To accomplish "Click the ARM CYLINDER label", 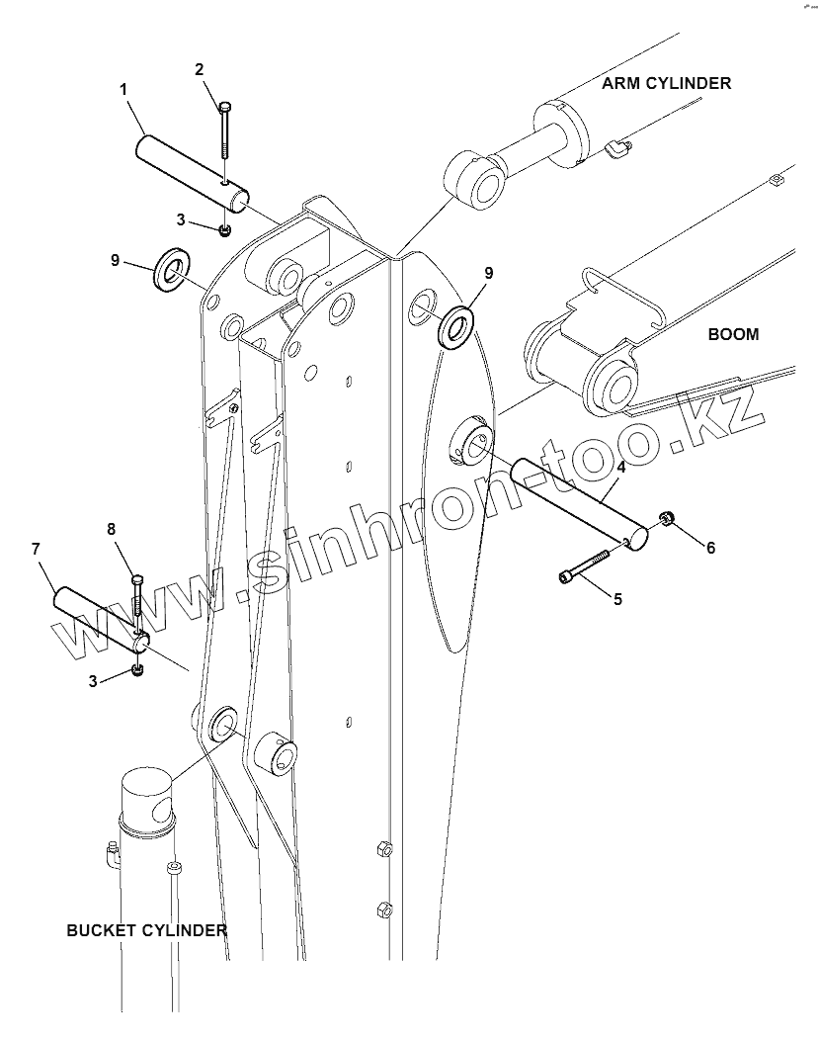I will point(667,83).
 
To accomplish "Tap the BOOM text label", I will point(733,334).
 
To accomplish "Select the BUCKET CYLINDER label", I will point(146,930).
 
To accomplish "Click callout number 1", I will point(123,90).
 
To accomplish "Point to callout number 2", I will point(200,69).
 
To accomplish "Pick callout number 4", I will point(620,467).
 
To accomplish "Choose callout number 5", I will point(617,598).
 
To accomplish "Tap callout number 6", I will point(709,547).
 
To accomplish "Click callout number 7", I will point(37,548).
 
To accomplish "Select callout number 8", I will point(112,530).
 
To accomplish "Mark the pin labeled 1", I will point(193,169).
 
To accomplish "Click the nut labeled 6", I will point(667,517).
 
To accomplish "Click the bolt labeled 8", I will point(138,598).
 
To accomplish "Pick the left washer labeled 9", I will point(174,268).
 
